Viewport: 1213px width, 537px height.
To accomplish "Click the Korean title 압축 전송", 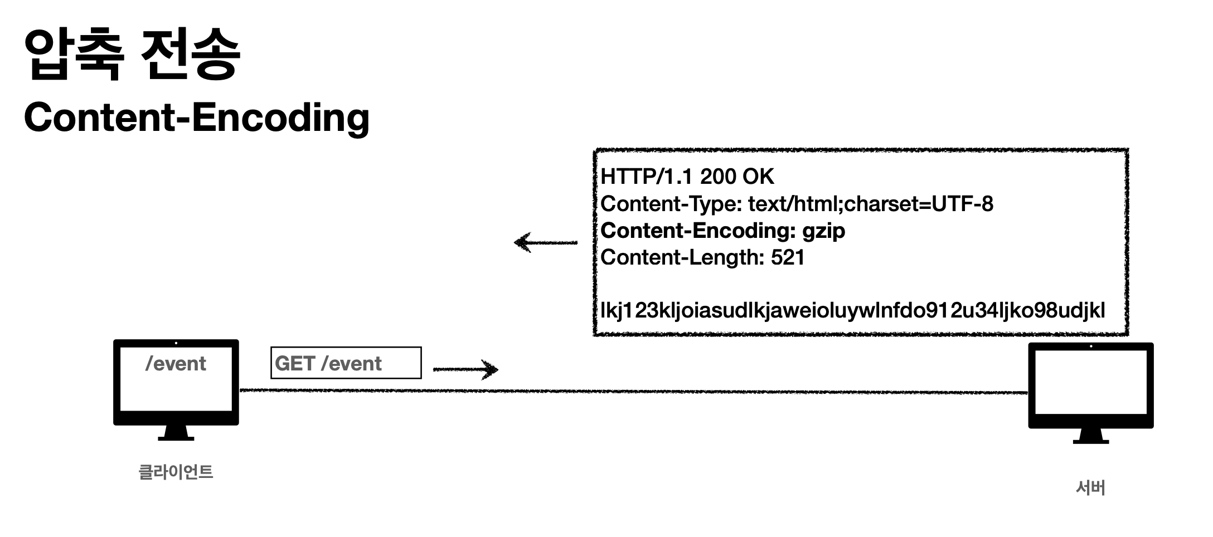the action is [132, 54].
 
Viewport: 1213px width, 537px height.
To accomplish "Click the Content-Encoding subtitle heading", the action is [196, 118].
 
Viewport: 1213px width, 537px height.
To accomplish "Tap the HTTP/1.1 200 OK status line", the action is [687, 177].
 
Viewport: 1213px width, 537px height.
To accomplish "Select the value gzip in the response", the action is [823, 231].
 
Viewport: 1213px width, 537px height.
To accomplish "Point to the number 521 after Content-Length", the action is [788, 257].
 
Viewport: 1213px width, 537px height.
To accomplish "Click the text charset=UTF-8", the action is [919, 204].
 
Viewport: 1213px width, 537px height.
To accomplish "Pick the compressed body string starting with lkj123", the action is [852, 310].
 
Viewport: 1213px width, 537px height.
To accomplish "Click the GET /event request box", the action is [346, 363].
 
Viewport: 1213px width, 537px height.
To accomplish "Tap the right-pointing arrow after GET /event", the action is [465, 369].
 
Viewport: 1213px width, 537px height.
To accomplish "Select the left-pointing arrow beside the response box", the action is [545, 242].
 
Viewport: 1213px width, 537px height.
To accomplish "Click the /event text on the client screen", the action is [176, 364].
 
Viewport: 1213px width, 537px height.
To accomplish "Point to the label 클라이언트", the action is [176, 472].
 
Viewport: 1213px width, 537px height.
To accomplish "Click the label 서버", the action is [1090, 488].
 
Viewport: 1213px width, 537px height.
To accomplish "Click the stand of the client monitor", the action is [176, 433].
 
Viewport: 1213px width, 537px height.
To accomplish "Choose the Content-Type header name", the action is [670, 204].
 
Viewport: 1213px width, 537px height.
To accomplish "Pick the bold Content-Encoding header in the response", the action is [697, 231].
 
